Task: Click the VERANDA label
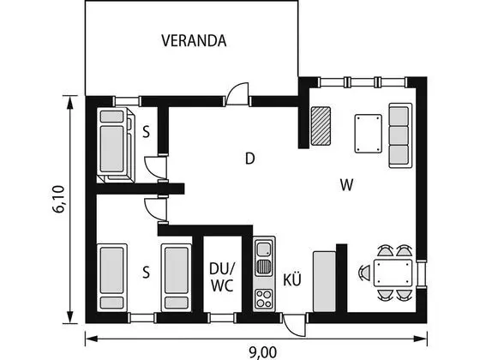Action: [x=194, y=41]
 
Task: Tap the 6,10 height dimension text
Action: [x=58, y=199]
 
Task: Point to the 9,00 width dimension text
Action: [x=263, y=352]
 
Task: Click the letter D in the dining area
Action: [x=250, y=159]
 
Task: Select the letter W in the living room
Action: [x=347, y=185]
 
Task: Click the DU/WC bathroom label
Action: [x=222, y=277]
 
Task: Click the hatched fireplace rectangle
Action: [x=321, y=126]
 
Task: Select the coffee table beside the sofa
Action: [x=369, y=134]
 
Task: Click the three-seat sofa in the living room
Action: [x=400, y=135]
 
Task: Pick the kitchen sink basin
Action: [x=264, y=249]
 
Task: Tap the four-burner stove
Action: [x=264, y=299]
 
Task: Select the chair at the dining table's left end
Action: [x=364, y=273]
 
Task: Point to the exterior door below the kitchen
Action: [x=295, y=325]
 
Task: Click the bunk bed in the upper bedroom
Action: [x=116, y=145]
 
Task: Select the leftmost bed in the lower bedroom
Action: [x=112, y=278]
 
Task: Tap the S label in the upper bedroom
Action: [x=147, y=133]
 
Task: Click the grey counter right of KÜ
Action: [x=324, y=282]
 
